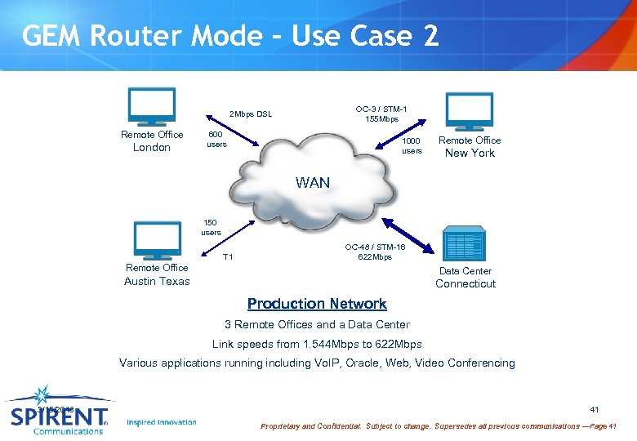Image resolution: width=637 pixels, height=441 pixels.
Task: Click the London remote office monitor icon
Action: [x=152, y=107]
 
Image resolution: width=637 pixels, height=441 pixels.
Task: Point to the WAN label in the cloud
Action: [x=314, y=183]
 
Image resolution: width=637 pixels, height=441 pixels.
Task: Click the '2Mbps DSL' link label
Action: [x=251, y=114]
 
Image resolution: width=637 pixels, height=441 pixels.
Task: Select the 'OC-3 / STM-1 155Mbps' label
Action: [x=381, y=114]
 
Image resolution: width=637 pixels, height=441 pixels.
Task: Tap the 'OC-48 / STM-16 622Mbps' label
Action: [x=375, y=252]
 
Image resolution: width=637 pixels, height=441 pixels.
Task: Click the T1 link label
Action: [x=228, y=257]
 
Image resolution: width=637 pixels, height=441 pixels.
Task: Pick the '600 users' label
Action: [x=216, y=140]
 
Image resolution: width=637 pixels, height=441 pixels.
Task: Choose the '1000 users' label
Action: [x=412, y=145]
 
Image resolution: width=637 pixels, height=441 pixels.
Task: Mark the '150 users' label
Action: [x=211, y=227]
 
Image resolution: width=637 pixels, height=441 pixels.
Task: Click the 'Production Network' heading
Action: [x=317, y=304]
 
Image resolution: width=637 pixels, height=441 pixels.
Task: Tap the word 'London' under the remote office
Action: [x=152, y=148]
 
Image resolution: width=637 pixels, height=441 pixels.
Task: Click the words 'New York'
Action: [x=470, y=153]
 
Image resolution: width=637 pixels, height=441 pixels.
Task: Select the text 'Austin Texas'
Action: [x=157, y=281]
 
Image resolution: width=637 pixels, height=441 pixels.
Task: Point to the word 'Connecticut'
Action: [x=465, y=283]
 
